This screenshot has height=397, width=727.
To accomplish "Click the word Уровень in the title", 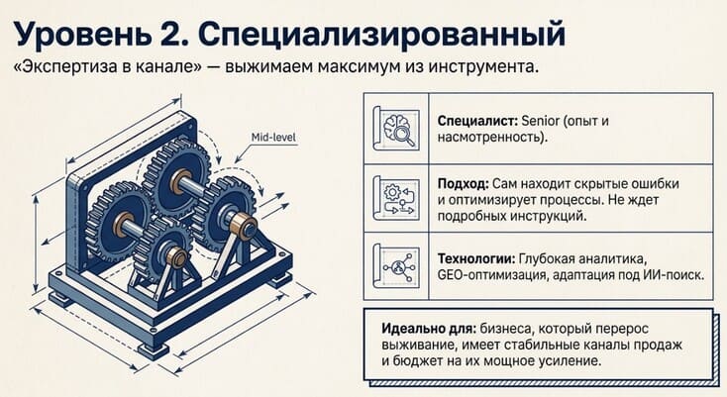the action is tap(82, 35).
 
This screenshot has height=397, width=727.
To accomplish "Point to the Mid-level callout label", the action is tap(273, 138).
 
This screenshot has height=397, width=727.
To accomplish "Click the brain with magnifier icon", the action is tap(397, 129).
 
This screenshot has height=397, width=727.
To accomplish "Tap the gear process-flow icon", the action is tap(397, 198).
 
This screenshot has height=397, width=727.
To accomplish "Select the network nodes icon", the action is tap(397, 266).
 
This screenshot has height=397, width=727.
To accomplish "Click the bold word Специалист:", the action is tap(477, 122).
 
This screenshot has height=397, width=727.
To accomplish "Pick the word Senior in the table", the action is tap(541, 122).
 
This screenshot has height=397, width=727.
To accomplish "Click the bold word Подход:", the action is tap(463, 184).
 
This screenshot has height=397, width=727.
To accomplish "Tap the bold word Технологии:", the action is tap(475, 258).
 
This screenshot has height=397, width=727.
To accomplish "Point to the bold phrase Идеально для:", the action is tap(429, 329).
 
